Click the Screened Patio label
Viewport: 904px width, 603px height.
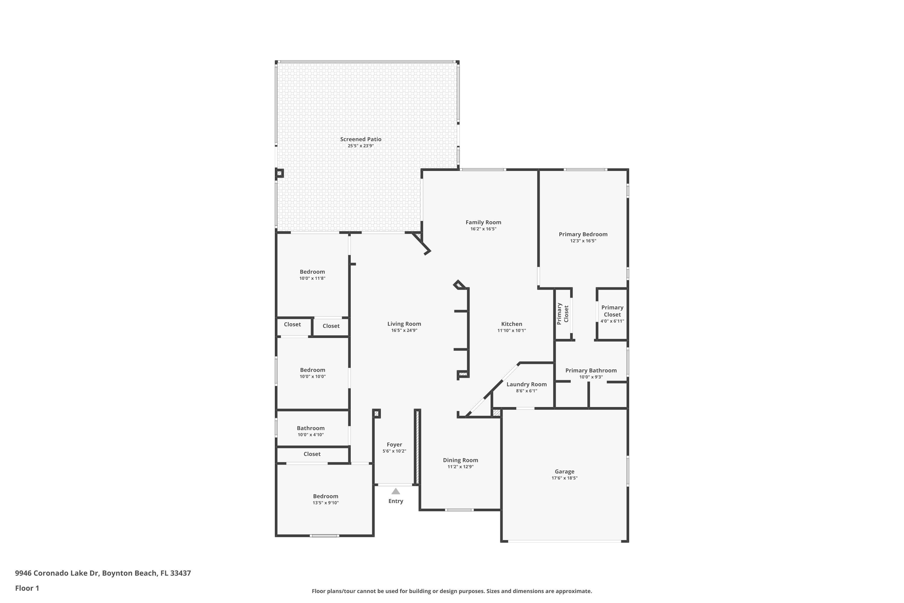pos(360,139)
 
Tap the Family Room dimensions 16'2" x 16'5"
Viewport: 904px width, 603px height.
pos(483,229)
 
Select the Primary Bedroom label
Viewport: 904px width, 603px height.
pos(583,234)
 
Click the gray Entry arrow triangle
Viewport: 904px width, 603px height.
pos(395,491)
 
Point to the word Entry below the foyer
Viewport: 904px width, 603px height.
pos(395,501)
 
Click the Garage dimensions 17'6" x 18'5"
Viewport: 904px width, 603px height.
pos(564,478)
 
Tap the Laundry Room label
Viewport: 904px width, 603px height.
pos(526,384)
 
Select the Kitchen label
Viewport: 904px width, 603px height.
pos(511,324)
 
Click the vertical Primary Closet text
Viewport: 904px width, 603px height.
pos(562,314)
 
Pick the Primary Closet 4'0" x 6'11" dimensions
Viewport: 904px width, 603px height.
pos(612,321)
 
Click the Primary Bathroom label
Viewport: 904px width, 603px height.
pos(591,370)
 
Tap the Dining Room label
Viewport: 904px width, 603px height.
pos(460,460)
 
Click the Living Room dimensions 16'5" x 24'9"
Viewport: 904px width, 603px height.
pos(404,330)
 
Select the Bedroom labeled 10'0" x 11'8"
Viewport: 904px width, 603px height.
pos(312,272)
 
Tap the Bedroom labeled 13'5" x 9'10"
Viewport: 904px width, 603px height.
pos(325,496)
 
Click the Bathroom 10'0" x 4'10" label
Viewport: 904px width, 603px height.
pos(311,428)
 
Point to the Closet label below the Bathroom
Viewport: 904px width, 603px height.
pos(312,454)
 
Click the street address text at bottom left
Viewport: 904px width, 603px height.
pos(103,573)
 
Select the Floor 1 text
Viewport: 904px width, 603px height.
pos(27,588)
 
